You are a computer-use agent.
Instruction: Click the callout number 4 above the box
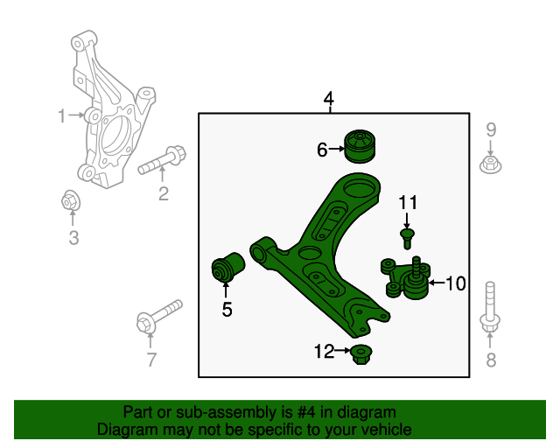328,99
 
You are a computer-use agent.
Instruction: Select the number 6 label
322,150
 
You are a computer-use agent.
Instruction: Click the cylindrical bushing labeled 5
229,268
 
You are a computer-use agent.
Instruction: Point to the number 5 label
227,309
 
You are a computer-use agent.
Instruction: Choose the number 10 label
456,283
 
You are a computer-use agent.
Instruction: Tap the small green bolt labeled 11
407,237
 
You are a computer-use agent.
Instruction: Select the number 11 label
407,204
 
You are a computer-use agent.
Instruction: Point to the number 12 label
324,352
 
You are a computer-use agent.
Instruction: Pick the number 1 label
62,115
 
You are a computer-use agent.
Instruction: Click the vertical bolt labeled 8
490,311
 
